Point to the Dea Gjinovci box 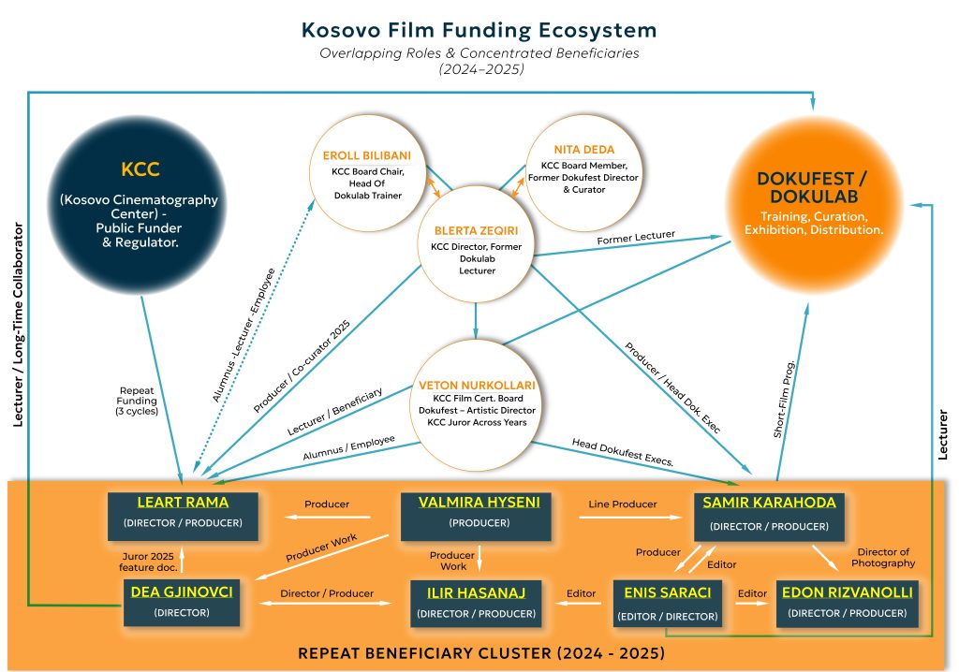182,602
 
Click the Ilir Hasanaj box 477,603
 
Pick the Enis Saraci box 668,603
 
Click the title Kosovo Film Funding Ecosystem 479,30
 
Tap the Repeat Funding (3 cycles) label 138,401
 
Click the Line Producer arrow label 623,504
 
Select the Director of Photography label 884,557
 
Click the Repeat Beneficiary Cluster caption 480,652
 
